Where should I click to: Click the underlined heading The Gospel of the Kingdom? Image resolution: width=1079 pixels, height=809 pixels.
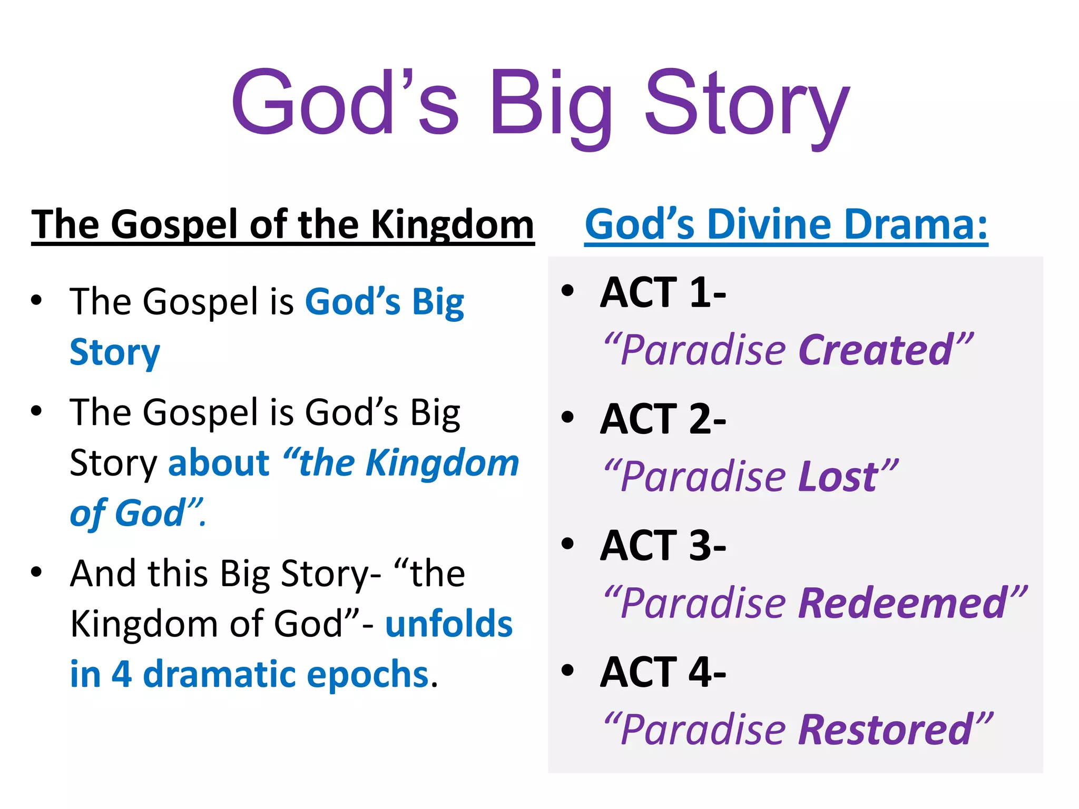[x=283, y=225]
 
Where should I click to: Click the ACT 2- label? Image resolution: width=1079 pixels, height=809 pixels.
[x=663, y=419]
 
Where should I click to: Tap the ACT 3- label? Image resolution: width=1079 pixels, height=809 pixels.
[x=663, y=546]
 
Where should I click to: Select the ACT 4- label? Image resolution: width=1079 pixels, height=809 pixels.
[x=663, y=673]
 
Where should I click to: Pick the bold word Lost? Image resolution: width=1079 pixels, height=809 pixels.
[x=838, y=477]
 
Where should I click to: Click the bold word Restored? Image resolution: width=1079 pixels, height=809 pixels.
[x=885, y=730]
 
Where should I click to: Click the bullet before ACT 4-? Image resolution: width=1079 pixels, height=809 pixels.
[x=567, y=670]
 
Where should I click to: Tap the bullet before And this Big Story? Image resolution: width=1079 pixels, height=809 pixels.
[x=36, y=572]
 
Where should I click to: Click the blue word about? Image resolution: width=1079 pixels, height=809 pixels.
[x=219, y=463]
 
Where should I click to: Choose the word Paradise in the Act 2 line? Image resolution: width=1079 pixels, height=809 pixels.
[x=703, y=477]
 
